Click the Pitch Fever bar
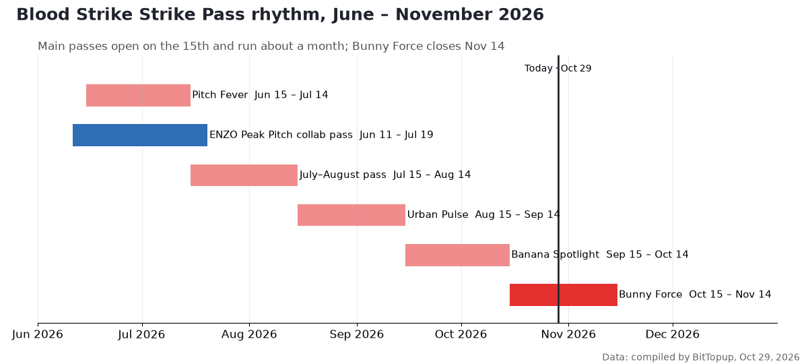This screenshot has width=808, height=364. [x=138, y=95]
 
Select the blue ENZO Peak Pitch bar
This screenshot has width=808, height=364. [x=140, y=135]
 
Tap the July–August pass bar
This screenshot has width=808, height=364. [x=244, y=175]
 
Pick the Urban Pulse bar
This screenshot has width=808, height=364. [x=351, y=215]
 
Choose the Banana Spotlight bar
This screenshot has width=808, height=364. [x=457, y=255]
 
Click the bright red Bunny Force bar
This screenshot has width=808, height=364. [x=564, y=295]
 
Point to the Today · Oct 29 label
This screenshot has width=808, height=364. [x=558, y=68]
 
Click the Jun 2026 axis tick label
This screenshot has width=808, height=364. [x=38, y=334]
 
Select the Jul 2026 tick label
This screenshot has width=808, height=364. [x=141, y=334]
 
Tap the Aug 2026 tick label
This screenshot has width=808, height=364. [x=249, y=334]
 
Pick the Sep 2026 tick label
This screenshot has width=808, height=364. [x=357, y=334]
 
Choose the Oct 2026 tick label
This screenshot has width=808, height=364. [x=461, y=334]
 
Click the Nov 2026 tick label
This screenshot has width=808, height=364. [x=568, y=334]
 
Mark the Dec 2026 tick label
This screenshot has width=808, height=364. [x=673, y=334]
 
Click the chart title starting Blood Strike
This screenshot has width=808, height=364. [x=280, y=15]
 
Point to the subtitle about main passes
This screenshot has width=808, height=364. [x=271, y=47]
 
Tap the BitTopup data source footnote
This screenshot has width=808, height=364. [x=701, y=357]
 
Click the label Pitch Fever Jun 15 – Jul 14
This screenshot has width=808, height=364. [x=260, y=95]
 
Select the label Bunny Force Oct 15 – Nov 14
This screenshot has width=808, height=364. [x=695, y=295]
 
